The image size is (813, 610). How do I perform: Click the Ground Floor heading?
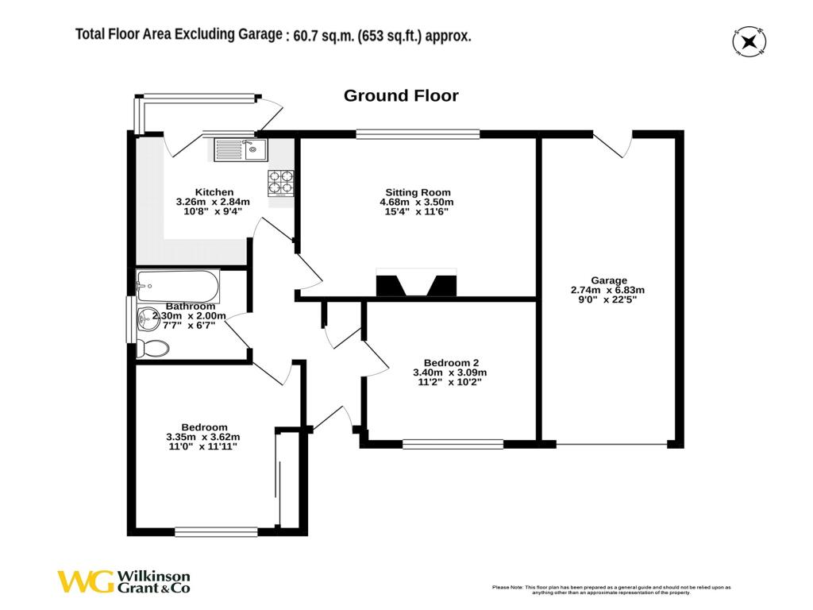pos(400,96)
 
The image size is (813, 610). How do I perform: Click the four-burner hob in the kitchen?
pos(281,183)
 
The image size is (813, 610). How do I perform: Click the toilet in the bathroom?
pos(152,348)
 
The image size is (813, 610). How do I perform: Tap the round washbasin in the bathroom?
pos(148,320)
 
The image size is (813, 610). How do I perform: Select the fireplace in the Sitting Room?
pos(416,284)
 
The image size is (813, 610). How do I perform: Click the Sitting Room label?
pos(418,192)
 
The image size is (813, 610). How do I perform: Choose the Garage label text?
pos(609,280)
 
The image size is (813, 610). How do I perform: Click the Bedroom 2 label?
pos(450,362)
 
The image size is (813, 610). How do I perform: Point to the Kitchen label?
pos(214,192)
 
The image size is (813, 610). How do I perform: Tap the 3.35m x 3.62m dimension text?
pos(202,437)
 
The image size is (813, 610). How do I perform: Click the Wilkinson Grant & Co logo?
pos(123,581)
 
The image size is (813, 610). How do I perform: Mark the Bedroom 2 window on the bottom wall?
pos(453,444)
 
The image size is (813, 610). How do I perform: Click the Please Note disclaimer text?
pos(611,589)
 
